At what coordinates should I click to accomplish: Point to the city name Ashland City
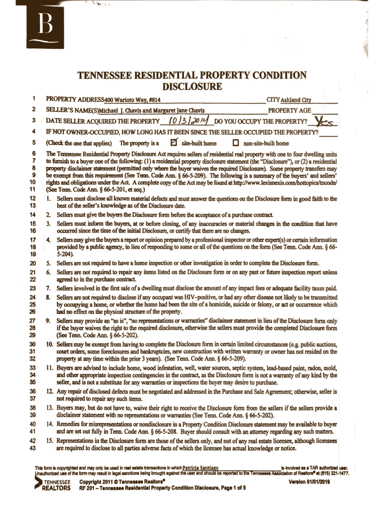299,99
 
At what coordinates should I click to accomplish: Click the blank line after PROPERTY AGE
325,111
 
